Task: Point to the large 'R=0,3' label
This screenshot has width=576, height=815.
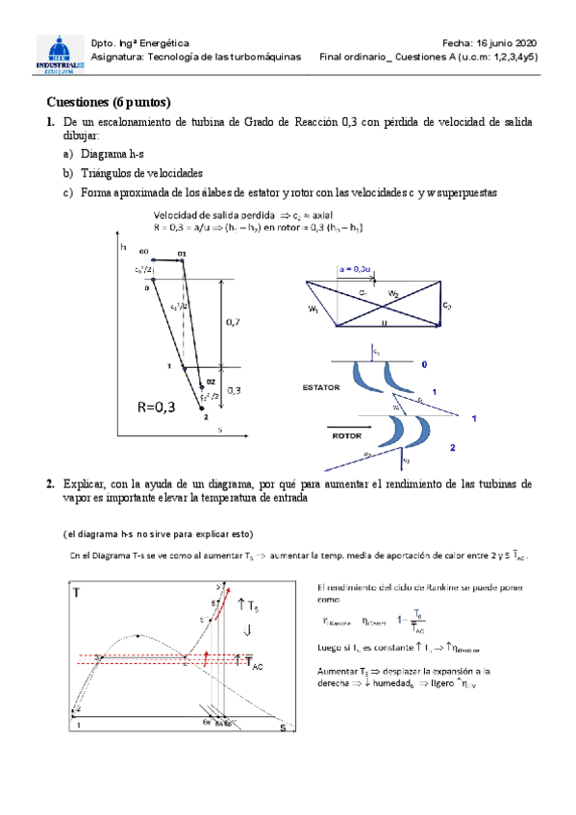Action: [x=151, y=407]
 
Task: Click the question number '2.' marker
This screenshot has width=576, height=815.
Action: [x=50, y=485]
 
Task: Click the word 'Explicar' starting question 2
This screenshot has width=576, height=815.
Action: [x=88, y=485]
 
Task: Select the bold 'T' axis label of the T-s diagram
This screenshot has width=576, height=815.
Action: [x=77, y=595]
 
